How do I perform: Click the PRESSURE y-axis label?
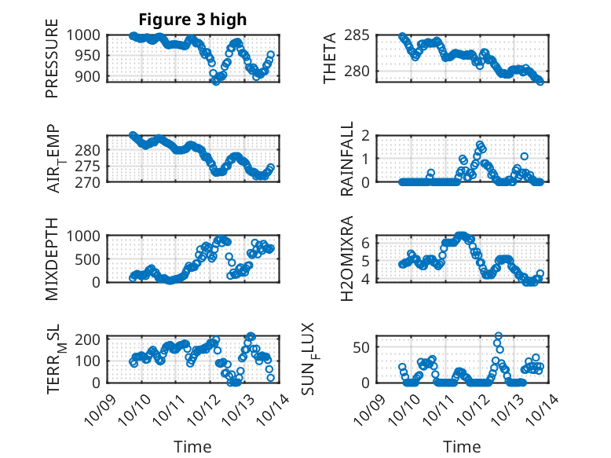coord(53,64)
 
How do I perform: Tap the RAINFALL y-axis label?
coord(347,159)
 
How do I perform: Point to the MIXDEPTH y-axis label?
coord(53,257)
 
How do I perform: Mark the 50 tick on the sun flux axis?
coord(361,347)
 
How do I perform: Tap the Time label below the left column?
coord(192,447)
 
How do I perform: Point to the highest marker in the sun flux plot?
coord(499,336)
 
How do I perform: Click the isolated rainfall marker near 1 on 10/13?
coord(524,156)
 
